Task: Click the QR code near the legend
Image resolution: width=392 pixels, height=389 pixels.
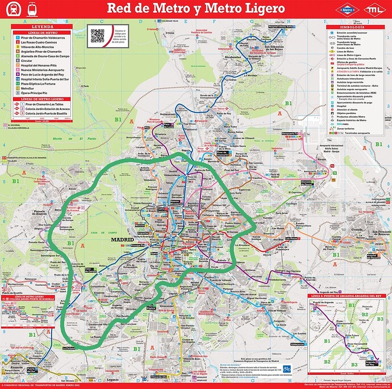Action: point(98,36)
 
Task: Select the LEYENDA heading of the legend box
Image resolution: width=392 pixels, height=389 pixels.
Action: point(43,27)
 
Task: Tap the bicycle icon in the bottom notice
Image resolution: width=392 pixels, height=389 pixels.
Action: point(287,369)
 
